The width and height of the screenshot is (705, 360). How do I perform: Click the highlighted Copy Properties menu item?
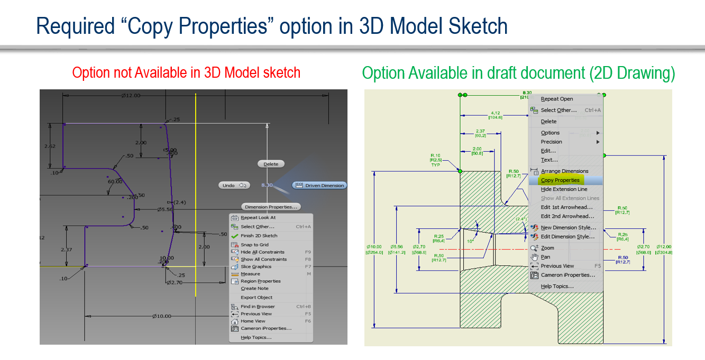pos(560,180)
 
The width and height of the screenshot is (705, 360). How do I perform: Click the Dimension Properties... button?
pos(271,207)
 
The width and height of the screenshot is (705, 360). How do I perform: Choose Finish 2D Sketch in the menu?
pos(259,236)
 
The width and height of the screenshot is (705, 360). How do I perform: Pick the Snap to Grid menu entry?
pos(254,245)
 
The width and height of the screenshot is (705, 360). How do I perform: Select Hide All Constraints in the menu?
pos(262,252)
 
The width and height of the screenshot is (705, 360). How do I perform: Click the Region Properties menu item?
pos(260,281)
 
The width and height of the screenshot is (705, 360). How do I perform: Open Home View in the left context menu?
pos(253,321)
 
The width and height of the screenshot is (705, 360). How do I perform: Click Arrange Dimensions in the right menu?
pos(564,171)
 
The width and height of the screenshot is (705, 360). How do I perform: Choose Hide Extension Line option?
pos(564,189)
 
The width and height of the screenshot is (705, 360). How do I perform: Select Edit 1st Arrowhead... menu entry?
pos(566,207)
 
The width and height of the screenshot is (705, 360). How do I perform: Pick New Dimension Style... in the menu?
pos(568,228)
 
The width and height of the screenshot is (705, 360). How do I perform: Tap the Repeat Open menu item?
pos(556,99)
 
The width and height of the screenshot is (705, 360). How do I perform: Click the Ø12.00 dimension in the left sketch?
pos(131,96)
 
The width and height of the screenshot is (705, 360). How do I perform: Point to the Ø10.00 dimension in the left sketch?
pos(161,316)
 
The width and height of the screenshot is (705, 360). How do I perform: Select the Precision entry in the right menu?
pos(551,142)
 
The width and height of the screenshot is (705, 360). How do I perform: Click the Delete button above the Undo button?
pos(271,164)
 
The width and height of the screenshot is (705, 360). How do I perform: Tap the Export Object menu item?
pos(257,298)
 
